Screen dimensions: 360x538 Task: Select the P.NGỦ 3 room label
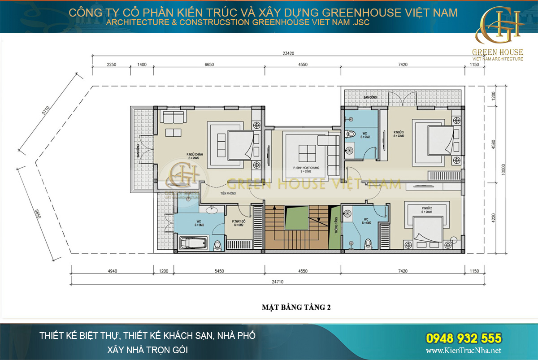tap(399, 134)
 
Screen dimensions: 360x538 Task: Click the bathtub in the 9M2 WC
tap(193, 244)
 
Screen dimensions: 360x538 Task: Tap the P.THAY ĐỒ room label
tap(237, 223)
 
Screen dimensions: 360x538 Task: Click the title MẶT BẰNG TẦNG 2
tap(296, 308)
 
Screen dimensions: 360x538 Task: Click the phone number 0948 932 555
tap(463, 338)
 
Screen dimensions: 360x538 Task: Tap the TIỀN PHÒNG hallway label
tap(228, 193)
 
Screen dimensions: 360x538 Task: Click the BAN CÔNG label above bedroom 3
tap(369, 97)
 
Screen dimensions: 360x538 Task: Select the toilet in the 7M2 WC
tap(352, 133)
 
